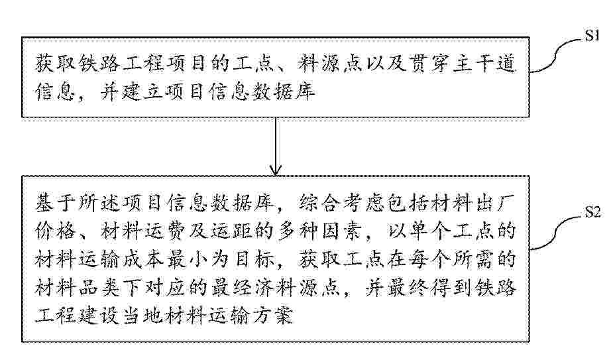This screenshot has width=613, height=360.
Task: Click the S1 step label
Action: point(592,36)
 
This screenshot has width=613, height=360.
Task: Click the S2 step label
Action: point(592,212)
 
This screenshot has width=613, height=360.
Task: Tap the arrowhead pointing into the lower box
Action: point(276,170)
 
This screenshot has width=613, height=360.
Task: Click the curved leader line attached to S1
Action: point(556,55)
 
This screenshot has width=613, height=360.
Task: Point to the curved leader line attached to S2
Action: point(556,231)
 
